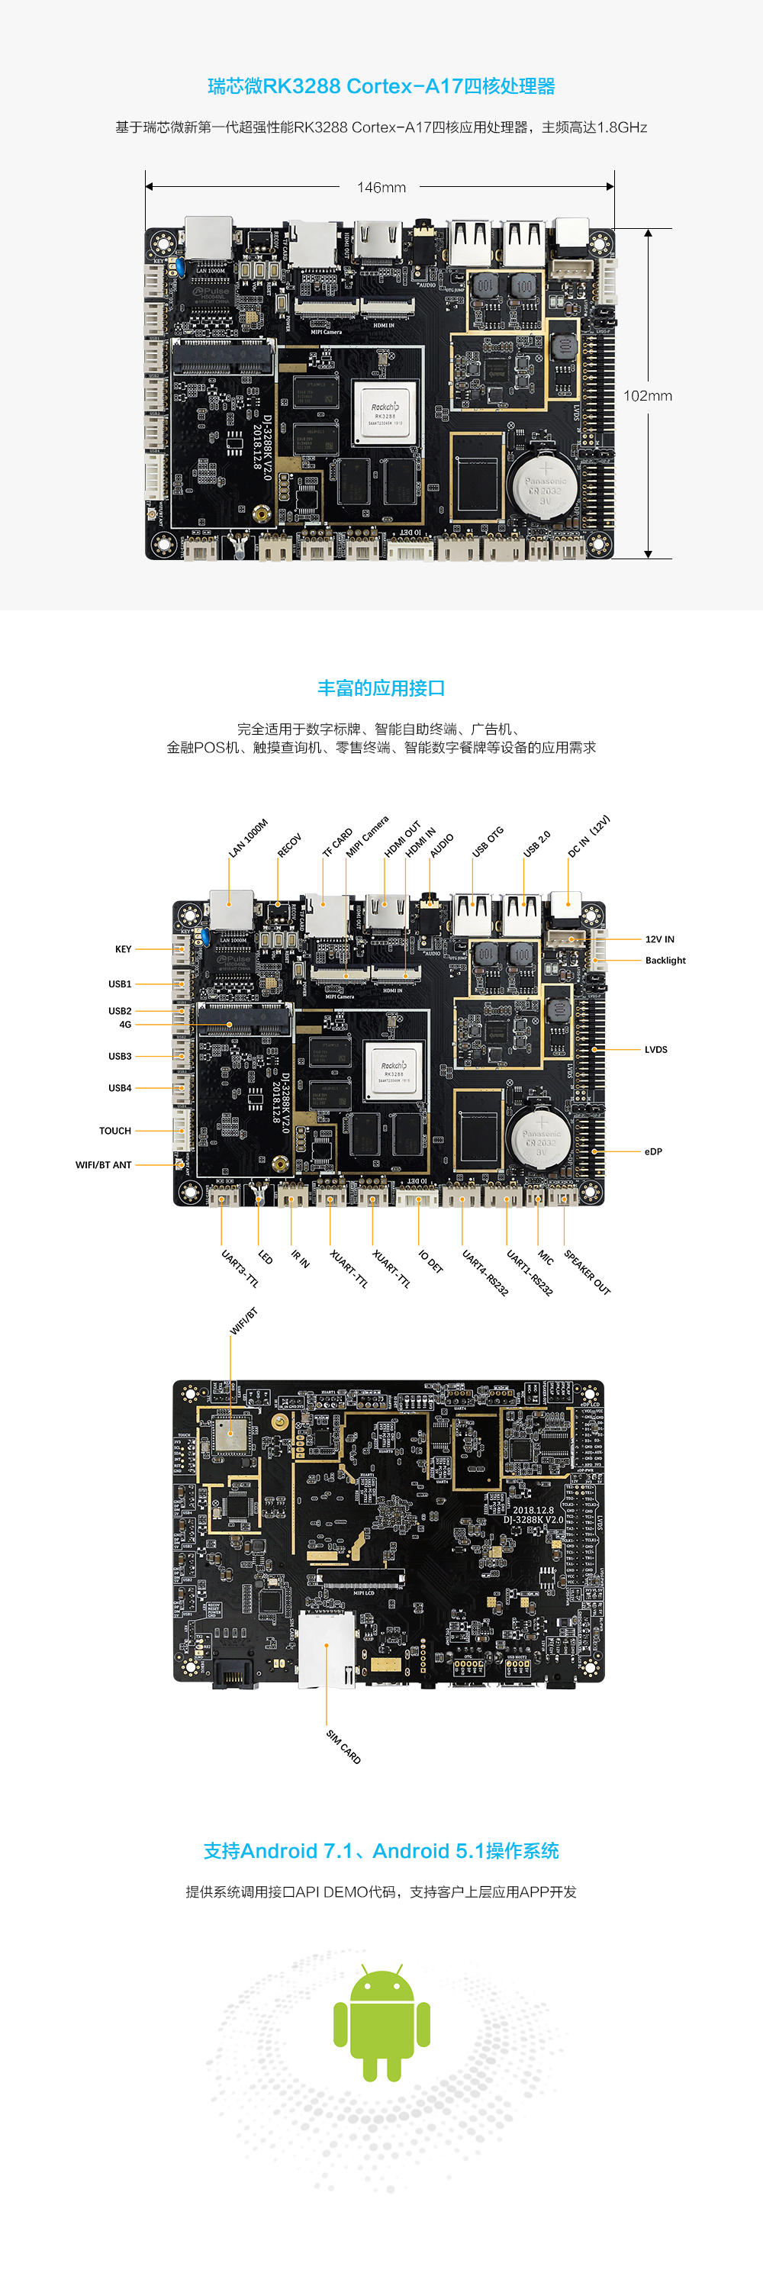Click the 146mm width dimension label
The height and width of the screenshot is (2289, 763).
(x=381, y=188)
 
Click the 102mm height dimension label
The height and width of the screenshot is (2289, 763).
(x=648, y=395)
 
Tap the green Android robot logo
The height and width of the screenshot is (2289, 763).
(x=382, y=2026)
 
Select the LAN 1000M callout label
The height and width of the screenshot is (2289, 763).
(x=248, y=838)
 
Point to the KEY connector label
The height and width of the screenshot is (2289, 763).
(x=123, y=949)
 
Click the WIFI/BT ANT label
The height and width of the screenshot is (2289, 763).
(x=103, y=1164)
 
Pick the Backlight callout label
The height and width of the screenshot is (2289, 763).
(x=665, y=961)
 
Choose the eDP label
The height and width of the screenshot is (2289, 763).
(x=653, y=1151)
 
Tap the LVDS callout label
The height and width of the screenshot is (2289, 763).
(x=655, y=1049)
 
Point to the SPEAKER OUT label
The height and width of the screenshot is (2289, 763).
(x=587, y=1273)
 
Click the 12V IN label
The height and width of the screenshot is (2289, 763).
(x=659, y=939)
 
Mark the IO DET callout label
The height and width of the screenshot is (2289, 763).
(x=430, y=1262)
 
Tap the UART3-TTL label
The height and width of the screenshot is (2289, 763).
(x=240, y=1269)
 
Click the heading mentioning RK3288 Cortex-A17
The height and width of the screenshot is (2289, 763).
(x=381, y=86)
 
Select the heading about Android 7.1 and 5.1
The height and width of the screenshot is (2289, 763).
(x=381, y=1851)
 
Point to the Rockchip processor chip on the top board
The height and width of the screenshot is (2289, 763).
(x=385, y=411)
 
